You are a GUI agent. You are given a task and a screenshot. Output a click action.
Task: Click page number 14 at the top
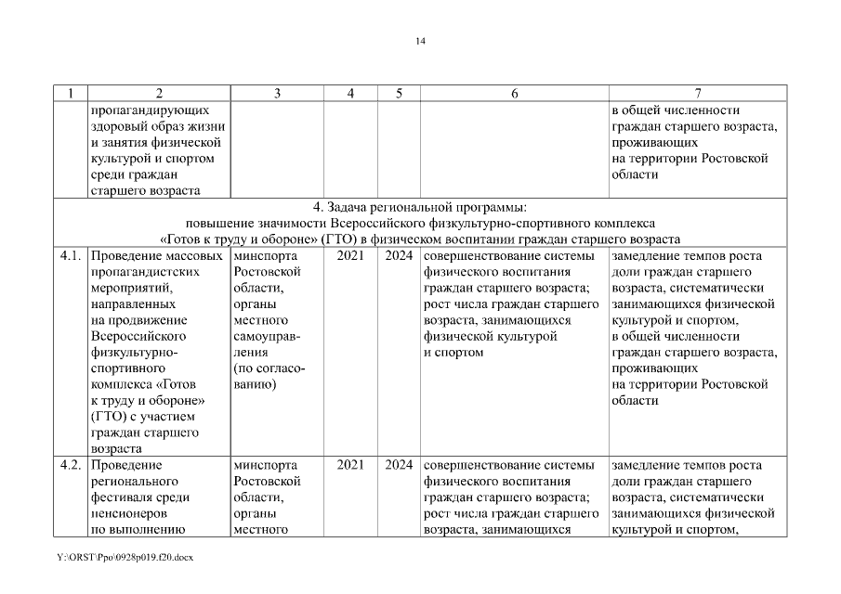click(x=420, y=41)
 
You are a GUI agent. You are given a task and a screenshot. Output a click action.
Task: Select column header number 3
click(x=276, y=93)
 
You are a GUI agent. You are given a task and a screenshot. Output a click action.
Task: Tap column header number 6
click(x=514, y=93)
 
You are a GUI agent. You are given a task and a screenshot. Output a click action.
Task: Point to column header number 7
click(x=697, y=93)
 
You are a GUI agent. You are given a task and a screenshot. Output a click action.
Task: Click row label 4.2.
click(x=72, y=465)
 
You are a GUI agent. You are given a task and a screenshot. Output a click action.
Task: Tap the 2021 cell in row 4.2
click(x=349, y=465)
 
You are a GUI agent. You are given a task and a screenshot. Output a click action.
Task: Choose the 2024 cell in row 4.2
click(x=398, y=465)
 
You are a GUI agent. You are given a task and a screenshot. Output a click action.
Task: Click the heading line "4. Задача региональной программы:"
click(x=420, y=207)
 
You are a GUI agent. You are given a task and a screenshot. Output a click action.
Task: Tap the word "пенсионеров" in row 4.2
click(x=131, y=515)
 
